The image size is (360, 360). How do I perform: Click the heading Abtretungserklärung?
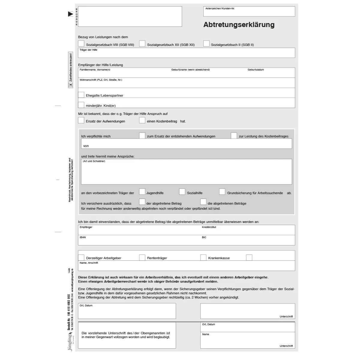click(239, 25)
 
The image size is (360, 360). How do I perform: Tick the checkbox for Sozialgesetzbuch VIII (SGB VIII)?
click(81, 43)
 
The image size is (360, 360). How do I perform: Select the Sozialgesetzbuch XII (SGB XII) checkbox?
click(142, 43)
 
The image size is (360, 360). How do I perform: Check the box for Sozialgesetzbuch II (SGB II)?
click(206, 43)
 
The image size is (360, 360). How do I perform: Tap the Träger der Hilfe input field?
click(186, 53)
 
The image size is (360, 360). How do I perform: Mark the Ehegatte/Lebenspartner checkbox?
click(81, 95)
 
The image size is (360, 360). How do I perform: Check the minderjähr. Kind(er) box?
click(81, 105)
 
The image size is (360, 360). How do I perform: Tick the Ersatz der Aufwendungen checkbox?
click(81, 120)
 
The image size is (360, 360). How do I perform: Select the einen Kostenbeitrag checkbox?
click(142, 120)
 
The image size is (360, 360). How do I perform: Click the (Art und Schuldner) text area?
click(186, 172)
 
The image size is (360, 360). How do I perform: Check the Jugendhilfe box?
click(142, 192)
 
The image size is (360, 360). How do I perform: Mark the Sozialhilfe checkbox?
click(182, 192)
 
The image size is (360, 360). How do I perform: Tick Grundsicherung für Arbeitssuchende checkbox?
click(222, 192)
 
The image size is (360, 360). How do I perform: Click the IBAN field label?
click(83, 237)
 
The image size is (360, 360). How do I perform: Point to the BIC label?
click(204, 237)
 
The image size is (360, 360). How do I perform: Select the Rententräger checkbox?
click(142, 257)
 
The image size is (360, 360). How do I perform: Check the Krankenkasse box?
click(203, 257)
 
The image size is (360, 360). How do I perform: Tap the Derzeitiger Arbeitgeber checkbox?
click(81, 257)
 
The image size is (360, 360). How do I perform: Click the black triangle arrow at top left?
click(70, 14)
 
